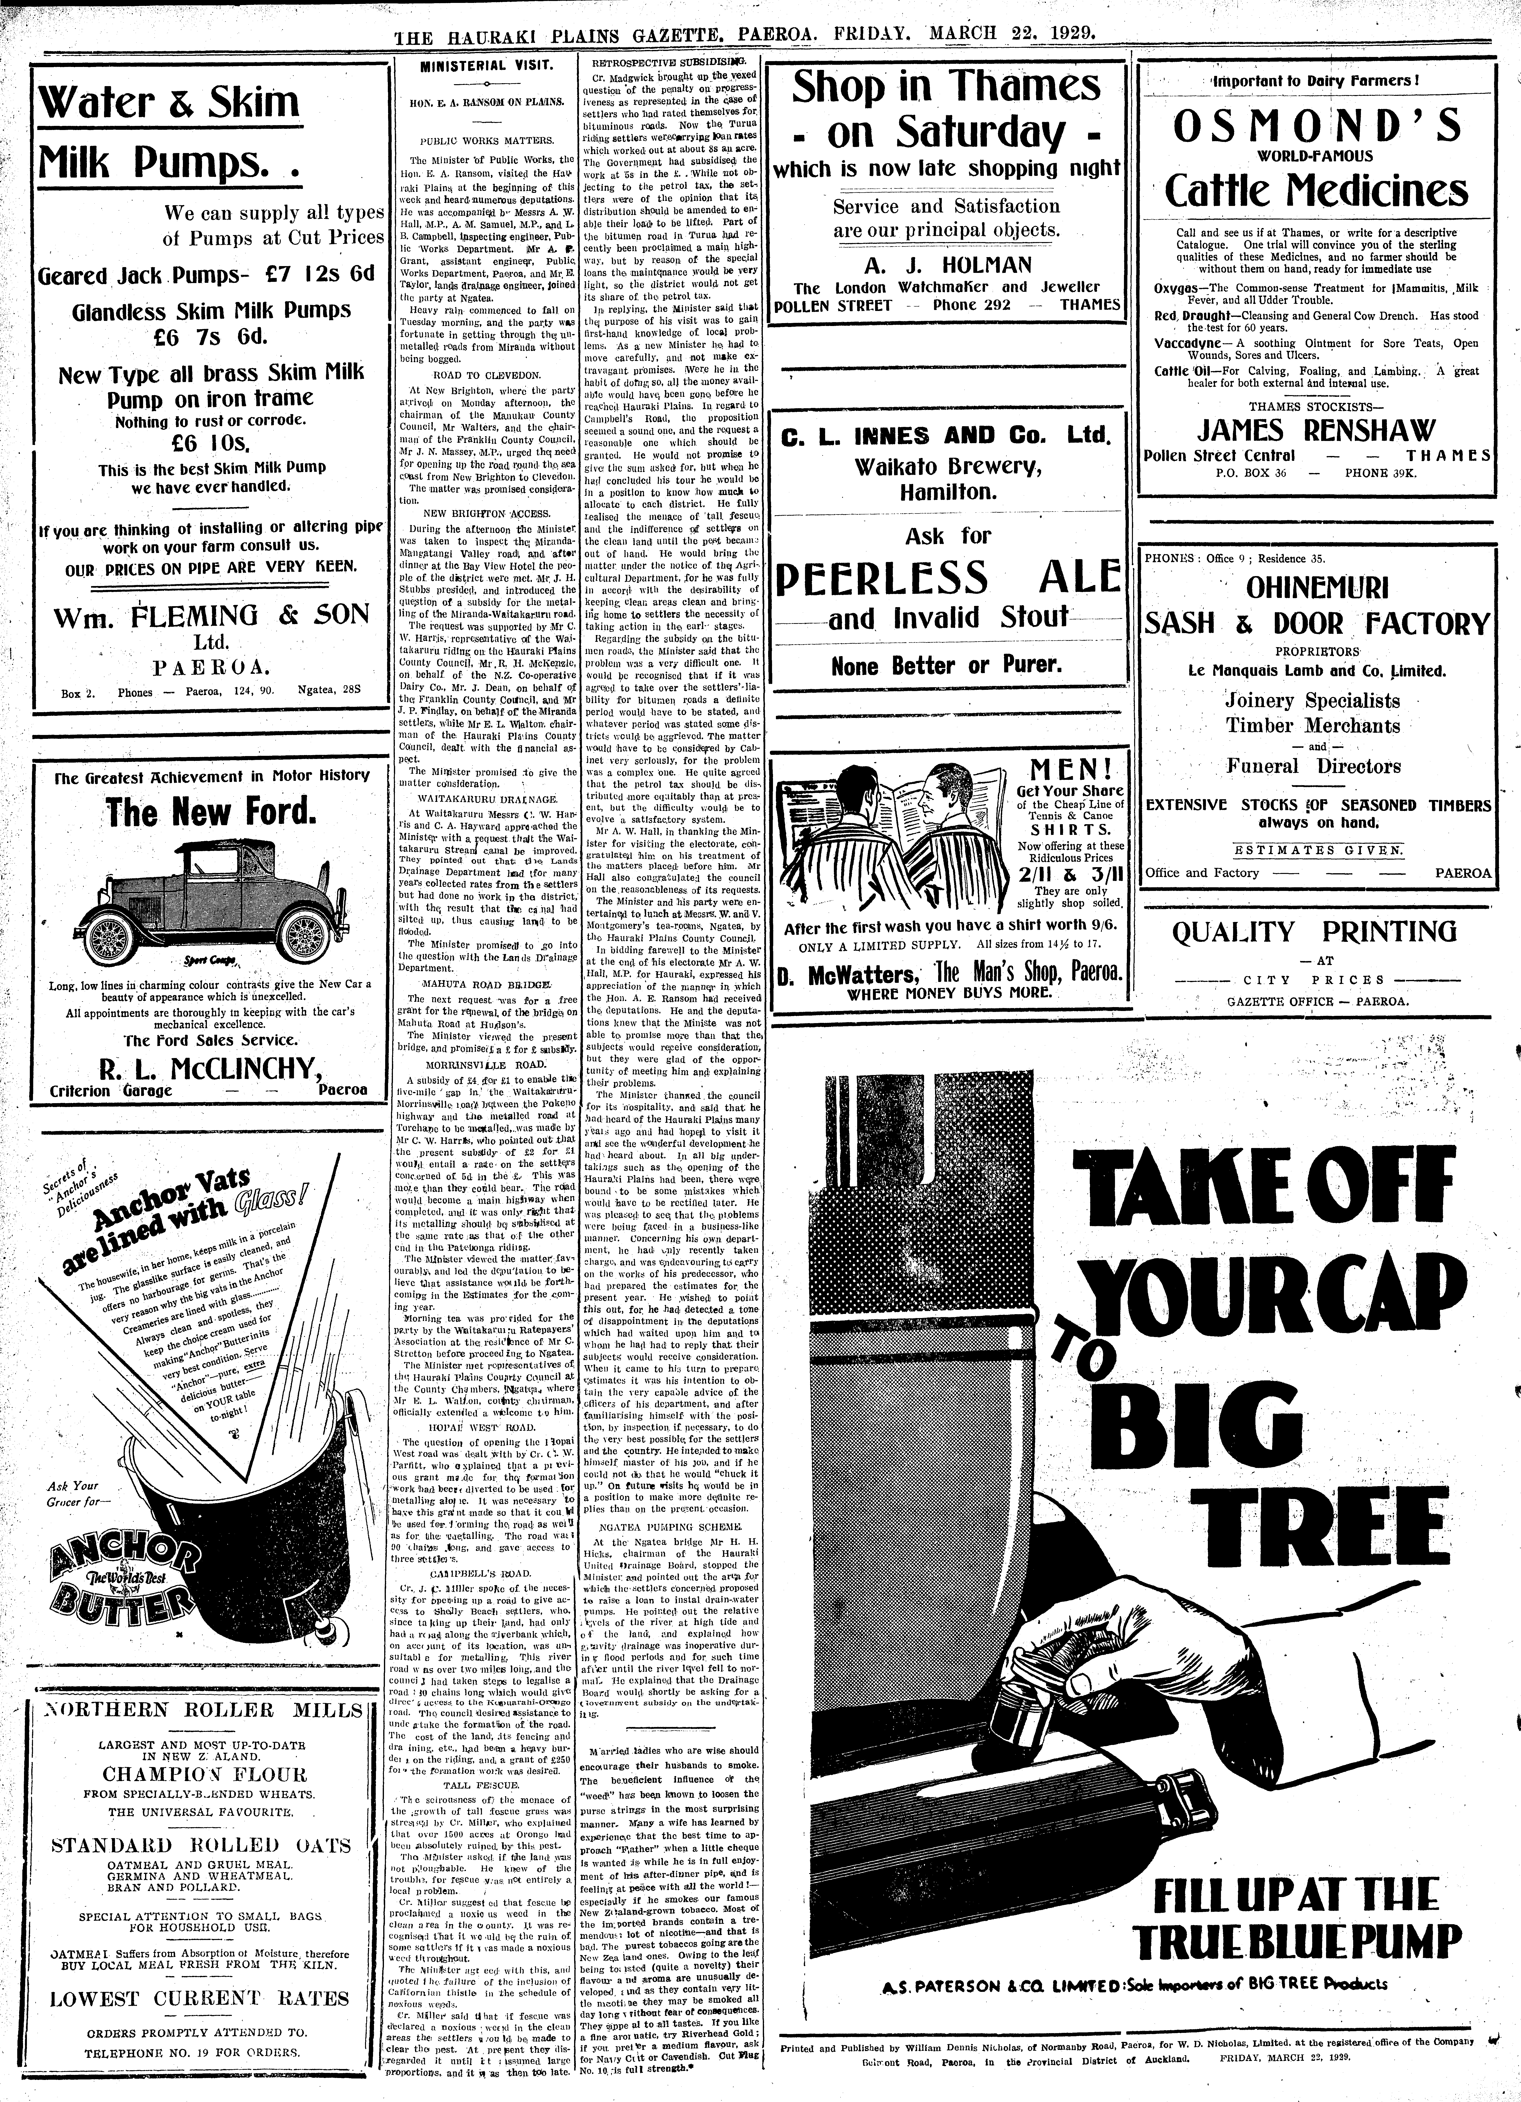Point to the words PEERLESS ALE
pos(947,577)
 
